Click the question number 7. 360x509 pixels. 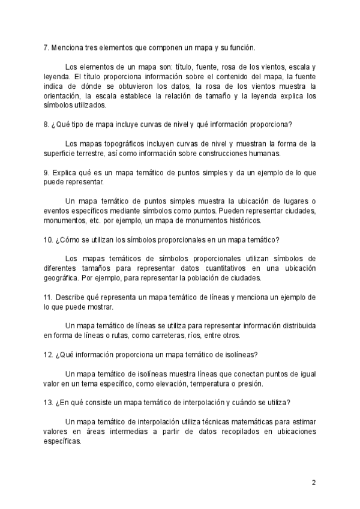46,47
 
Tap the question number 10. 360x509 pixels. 48,239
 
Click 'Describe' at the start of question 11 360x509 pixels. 70,297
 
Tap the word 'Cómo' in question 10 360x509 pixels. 70,239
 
